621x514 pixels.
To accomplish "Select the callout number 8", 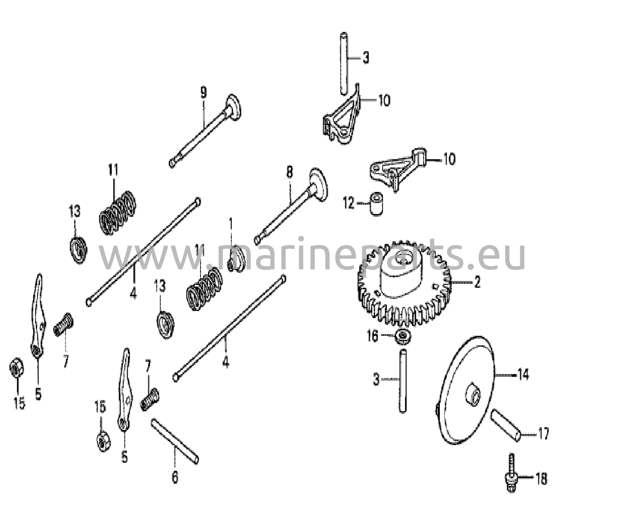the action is tap(290, 172).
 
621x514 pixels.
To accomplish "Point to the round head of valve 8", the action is tap(319, 184).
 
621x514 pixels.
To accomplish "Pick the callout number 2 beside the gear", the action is tap(477, 282).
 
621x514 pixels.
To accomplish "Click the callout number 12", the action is tap(349, 203).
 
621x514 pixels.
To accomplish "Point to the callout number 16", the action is tap(373, 336).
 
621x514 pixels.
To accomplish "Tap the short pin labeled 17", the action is tap(506, 425).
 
